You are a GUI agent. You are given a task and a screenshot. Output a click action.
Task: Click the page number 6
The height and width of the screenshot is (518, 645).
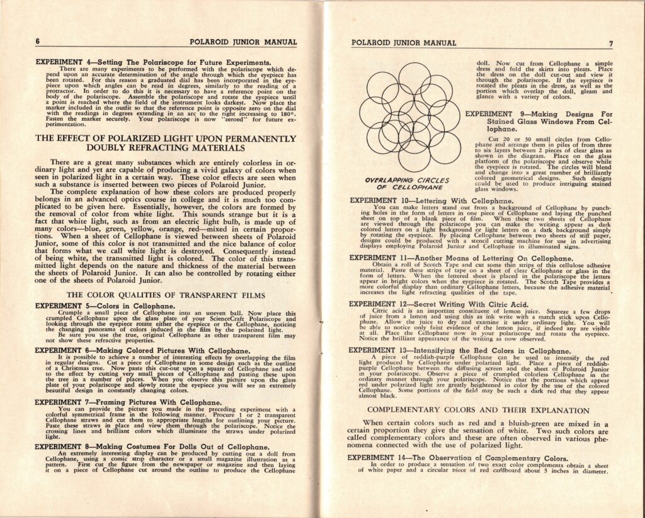(x=38, y=42)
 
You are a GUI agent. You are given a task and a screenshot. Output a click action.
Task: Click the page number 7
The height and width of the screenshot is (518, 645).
(x=610, y=43)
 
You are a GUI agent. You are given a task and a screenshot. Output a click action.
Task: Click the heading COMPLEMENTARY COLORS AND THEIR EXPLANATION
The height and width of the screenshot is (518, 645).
(x=478, y=410)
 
